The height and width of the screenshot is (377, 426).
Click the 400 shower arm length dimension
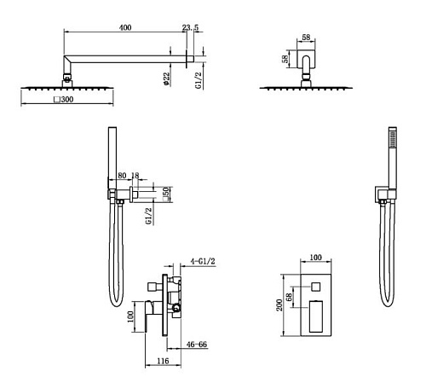(125, 27)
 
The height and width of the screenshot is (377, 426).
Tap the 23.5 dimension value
(190, 27)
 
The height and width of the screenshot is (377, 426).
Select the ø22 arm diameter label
(166, 78)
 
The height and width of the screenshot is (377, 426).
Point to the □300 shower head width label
(64, 100)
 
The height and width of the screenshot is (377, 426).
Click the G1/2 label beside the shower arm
(199, 80)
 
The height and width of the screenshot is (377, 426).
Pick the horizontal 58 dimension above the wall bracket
(306, 38)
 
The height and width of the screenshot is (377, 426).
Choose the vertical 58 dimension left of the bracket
(285, 59)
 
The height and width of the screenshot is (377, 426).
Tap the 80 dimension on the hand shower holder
(122, 176)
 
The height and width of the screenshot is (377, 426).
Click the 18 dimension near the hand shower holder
(135, 176)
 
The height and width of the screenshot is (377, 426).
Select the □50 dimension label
(166, 194)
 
